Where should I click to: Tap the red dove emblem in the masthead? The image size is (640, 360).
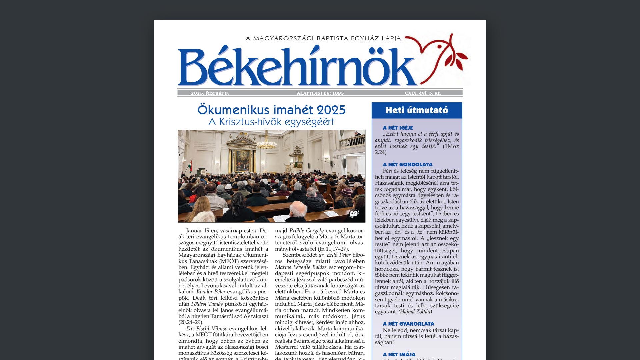437,57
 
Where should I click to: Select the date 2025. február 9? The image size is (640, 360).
210,93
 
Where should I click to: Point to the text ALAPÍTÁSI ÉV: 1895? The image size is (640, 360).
320,93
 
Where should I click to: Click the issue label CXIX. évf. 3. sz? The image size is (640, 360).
423,93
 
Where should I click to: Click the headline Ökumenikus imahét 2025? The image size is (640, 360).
271,110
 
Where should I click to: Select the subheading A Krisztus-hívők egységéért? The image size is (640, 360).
271,122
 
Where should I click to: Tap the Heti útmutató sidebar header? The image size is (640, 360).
417,110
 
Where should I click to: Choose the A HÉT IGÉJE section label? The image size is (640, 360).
398,128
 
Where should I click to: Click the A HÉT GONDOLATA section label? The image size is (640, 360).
407,164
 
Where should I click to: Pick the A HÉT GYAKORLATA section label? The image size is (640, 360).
408,324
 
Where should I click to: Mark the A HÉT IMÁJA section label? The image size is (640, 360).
399,354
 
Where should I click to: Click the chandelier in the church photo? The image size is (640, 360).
266,143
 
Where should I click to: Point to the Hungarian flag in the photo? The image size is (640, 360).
190,166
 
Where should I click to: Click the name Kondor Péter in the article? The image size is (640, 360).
211,292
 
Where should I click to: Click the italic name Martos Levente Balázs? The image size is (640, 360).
301,267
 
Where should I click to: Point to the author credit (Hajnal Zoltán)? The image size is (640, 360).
415,312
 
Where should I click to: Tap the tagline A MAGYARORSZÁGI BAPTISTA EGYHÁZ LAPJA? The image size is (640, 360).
323,38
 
